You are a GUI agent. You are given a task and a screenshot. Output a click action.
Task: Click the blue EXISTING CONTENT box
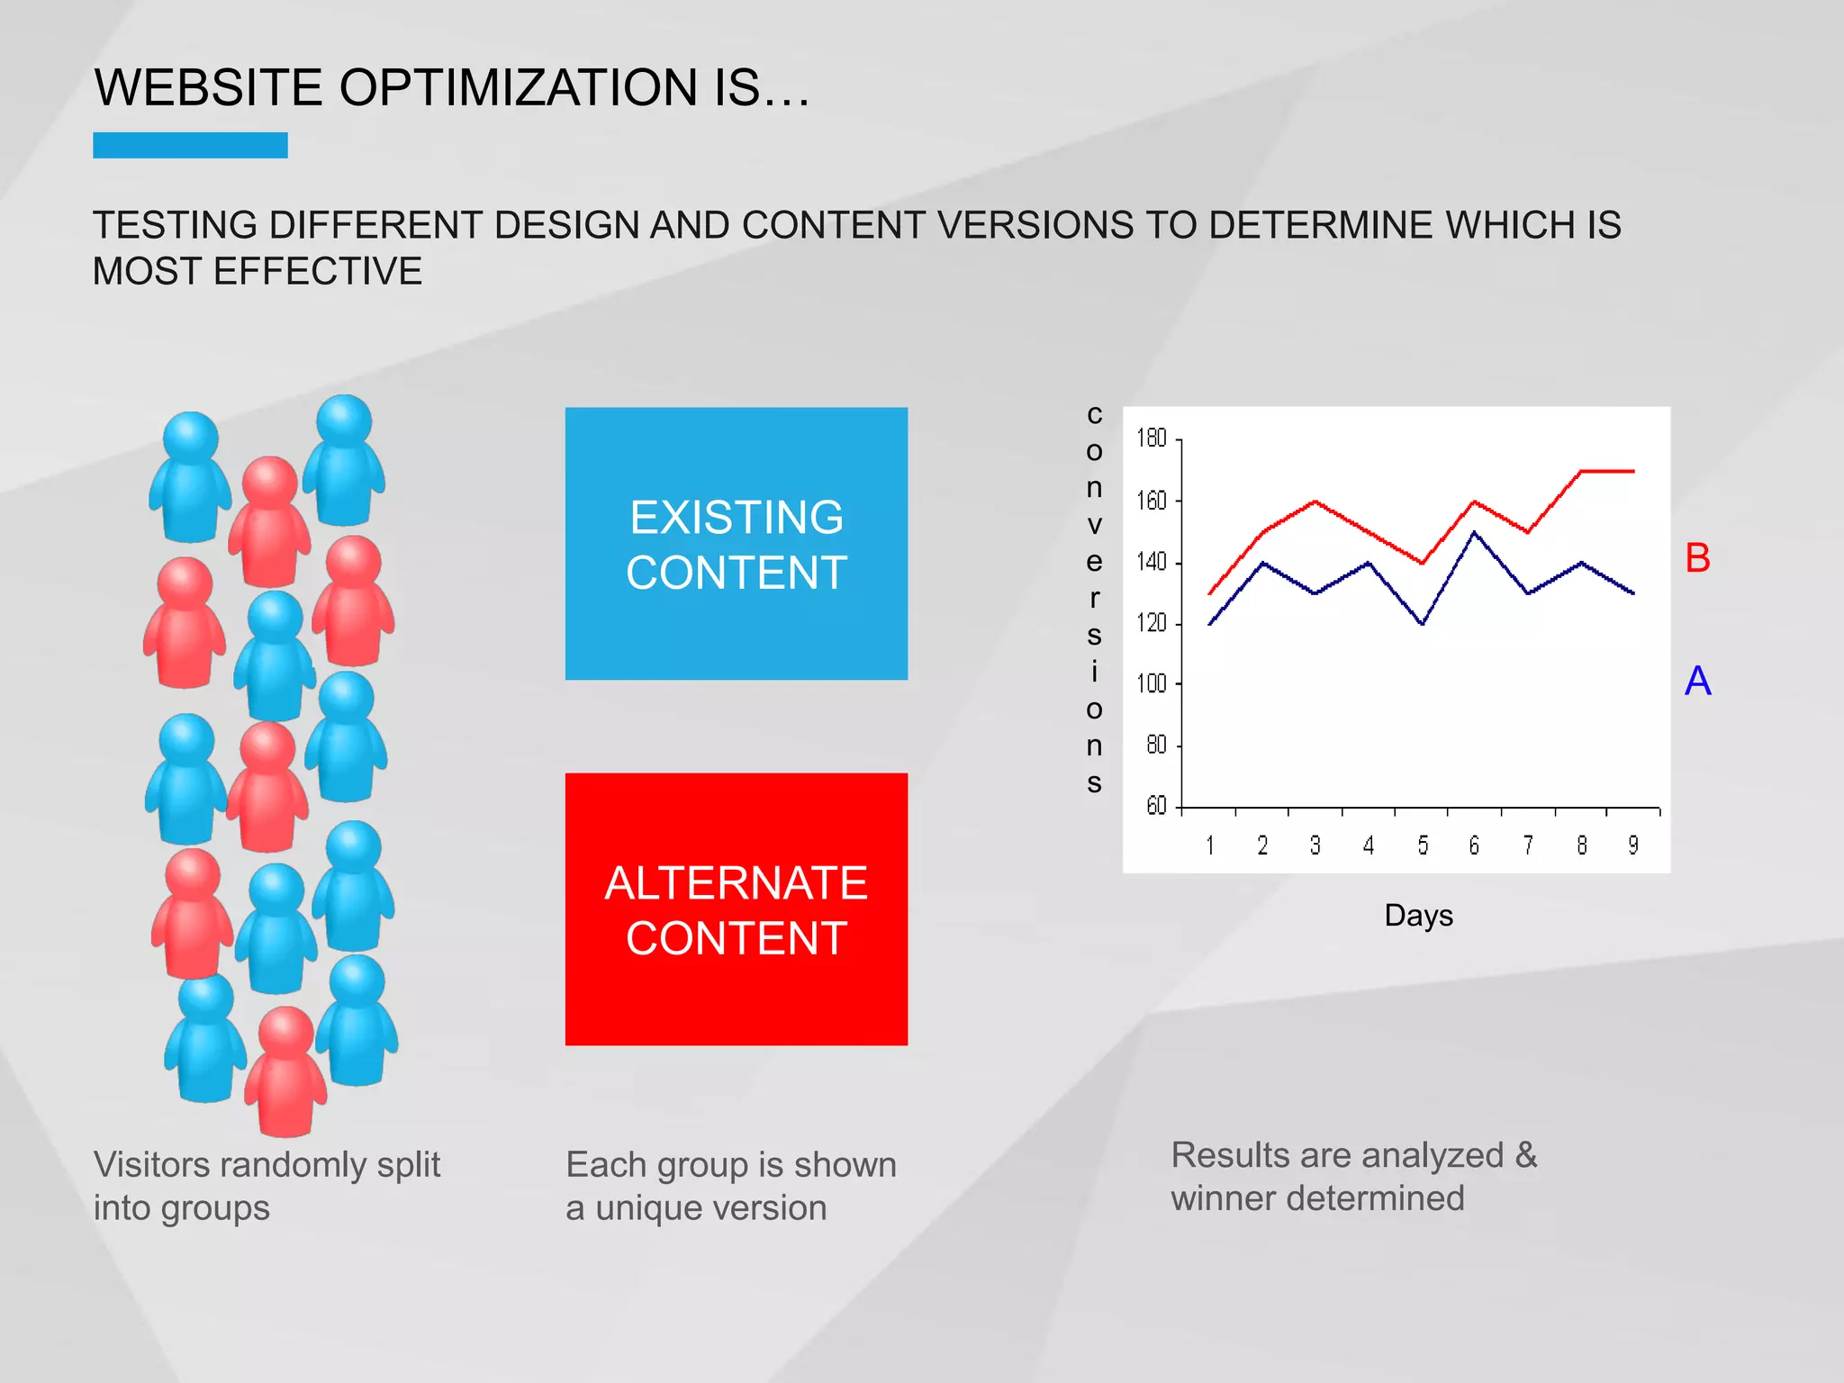[736, 544]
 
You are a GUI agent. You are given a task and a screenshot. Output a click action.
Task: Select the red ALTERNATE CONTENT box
[736, 908]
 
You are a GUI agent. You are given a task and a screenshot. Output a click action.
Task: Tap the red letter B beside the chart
[1697, 558]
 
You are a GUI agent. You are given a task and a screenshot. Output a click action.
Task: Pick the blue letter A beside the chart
[1697, 682]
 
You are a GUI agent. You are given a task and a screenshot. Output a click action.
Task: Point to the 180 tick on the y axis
[1152, 438]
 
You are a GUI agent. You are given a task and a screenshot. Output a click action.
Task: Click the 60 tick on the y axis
[1156, 806]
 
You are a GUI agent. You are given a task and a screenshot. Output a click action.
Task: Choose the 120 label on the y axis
[1152, 623]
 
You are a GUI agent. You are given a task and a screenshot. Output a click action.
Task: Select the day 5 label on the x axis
[1423, 845]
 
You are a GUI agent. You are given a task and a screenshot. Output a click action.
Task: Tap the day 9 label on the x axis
[1633, 845]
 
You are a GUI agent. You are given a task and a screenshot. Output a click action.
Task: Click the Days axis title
[1418, 916]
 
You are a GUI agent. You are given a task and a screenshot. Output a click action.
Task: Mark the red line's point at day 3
[1315, 502]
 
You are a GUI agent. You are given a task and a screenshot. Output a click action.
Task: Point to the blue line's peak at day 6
[1474, 532]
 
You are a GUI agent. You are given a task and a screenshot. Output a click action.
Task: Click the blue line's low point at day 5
[1422, 624]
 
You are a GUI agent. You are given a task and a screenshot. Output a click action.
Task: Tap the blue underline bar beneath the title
[190, 145]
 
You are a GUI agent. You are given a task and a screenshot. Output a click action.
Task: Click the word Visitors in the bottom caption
[151, 1165]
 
